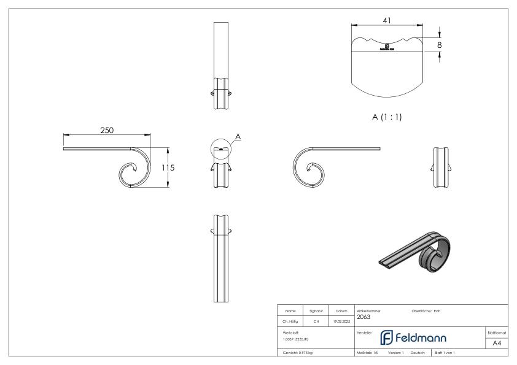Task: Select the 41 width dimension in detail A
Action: click(387, 20)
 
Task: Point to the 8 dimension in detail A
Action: click(440, 45)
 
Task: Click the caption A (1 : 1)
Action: click(387, 117)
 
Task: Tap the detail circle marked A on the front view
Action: click(221, 149)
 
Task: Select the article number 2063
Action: click(363, 317)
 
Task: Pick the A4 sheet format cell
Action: click(498, 343)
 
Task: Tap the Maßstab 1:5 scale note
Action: click(367, 353)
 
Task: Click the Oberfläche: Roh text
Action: click(426, 310)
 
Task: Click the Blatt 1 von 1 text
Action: click(448, 353)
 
